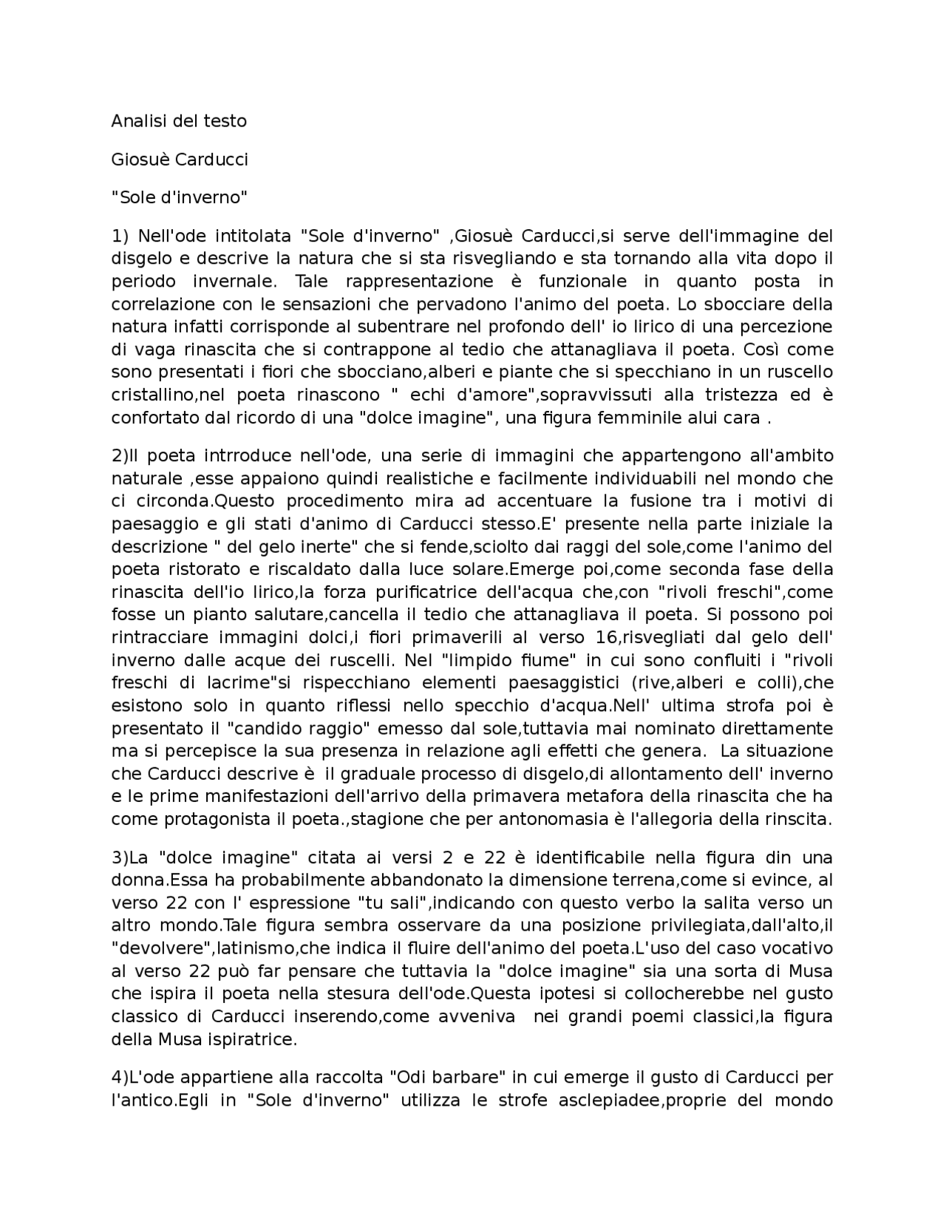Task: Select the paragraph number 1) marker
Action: (x=120, y=236)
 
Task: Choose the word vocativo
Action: (x=795, y=948)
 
